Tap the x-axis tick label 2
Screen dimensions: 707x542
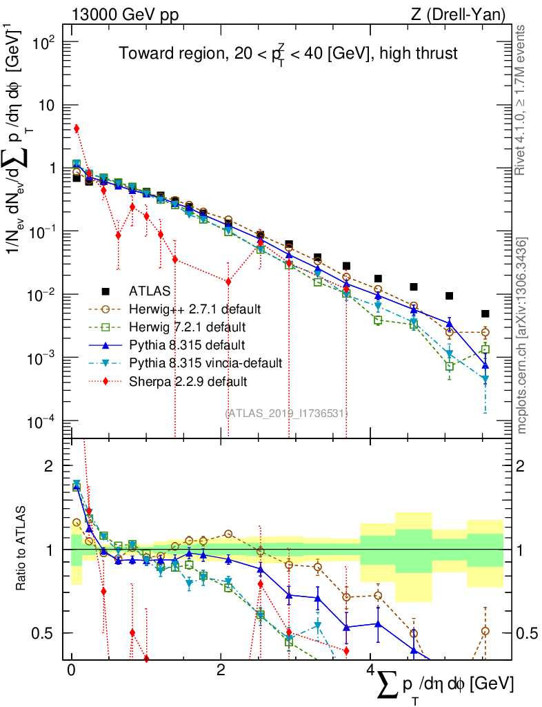pos(220,670)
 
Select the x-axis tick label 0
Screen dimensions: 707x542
pos(71,670)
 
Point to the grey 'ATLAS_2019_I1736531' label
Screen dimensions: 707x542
pos(286,413)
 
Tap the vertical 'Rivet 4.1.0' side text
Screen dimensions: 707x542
pos(521,100)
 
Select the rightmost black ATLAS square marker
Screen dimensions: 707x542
pos(485,313)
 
